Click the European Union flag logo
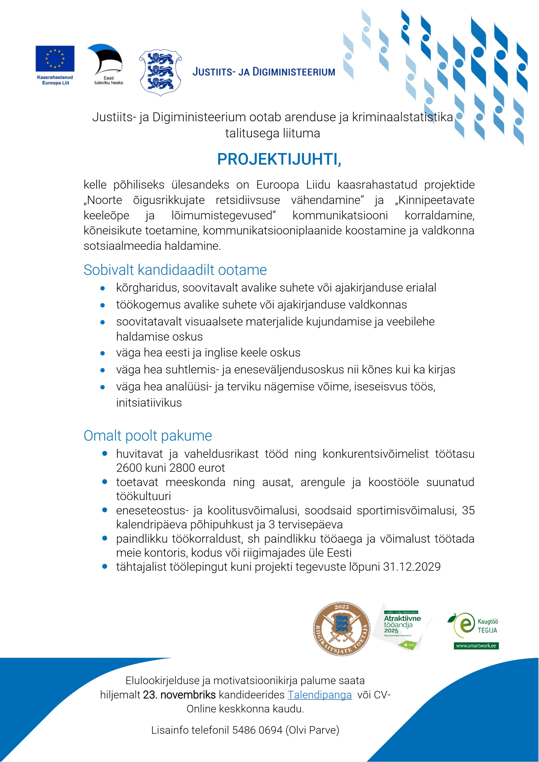(x=55, y=58)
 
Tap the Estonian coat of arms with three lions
(x=160, y=73)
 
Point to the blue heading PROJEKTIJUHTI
(x=279, y=159)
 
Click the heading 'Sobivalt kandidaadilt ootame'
(x=175, y=270)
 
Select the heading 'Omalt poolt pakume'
(x=148, y=435)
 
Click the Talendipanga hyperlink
(x=319, y=695)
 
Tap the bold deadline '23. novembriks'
(x=179, y=695)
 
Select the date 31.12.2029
(x=412, y=567)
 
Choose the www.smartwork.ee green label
(x=476, y=646)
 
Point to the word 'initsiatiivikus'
(x=149, y=403)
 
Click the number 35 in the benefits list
(x=468, y=510)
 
